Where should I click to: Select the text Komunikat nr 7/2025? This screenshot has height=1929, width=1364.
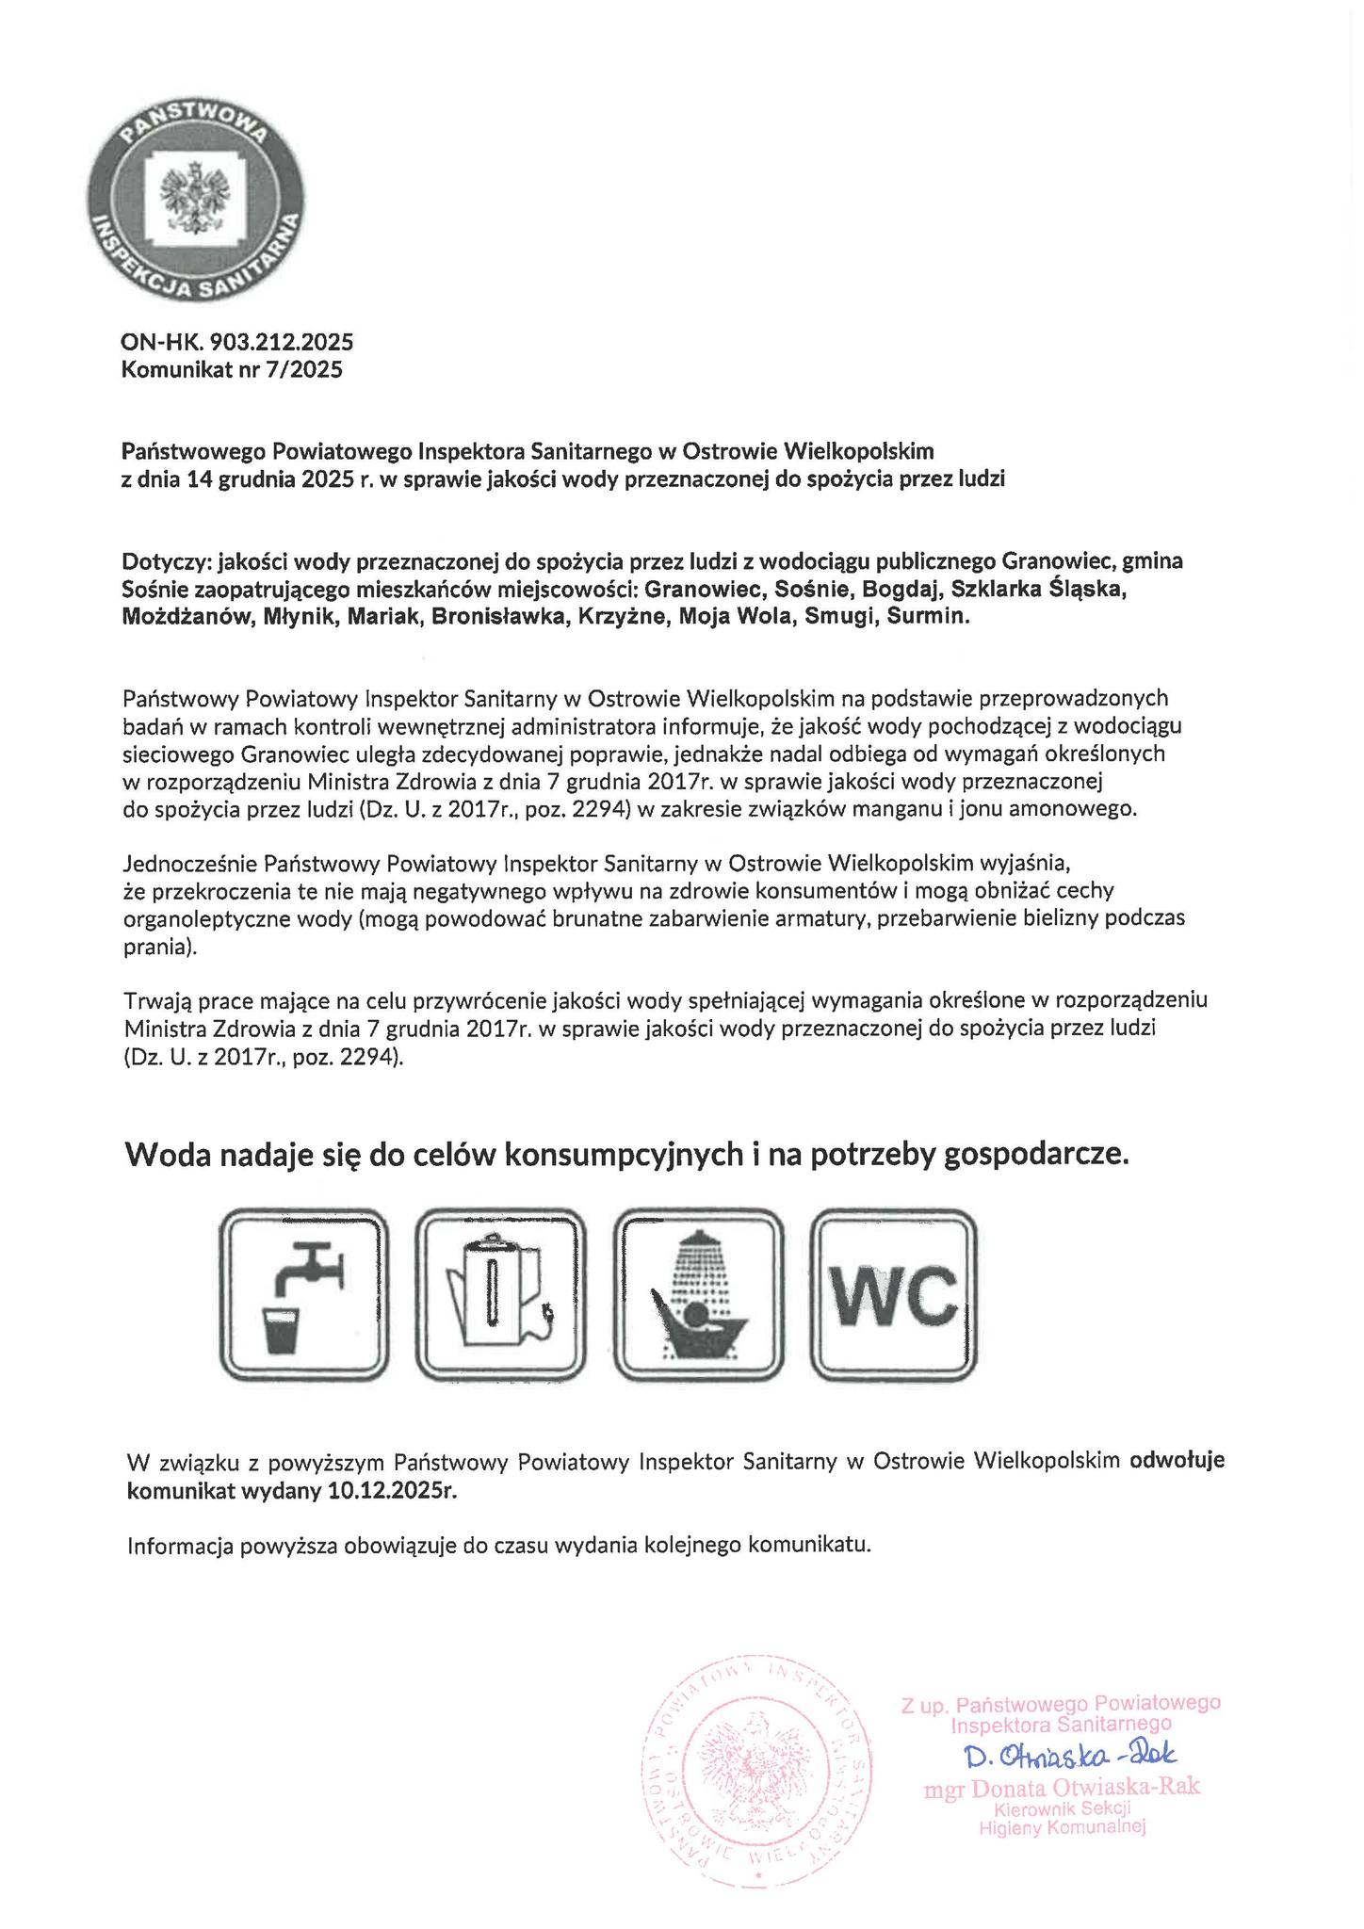click(232, 369)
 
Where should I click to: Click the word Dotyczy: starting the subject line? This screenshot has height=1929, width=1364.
click(167, 561)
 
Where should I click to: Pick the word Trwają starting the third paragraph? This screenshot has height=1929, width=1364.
click(156, 998)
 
